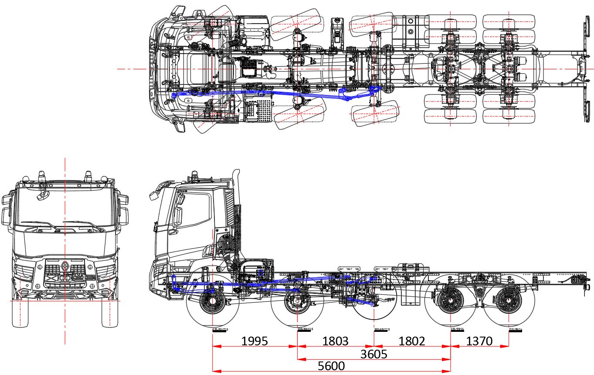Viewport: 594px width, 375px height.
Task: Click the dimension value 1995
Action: [255, 341]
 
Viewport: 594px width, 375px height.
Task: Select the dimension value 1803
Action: [335, 341]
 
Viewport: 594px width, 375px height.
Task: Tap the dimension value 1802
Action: [412, 341]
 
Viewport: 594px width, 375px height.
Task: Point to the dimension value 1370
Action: [479, 341]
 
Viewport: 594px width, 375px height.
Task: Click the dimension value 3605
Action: [373, 354]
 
